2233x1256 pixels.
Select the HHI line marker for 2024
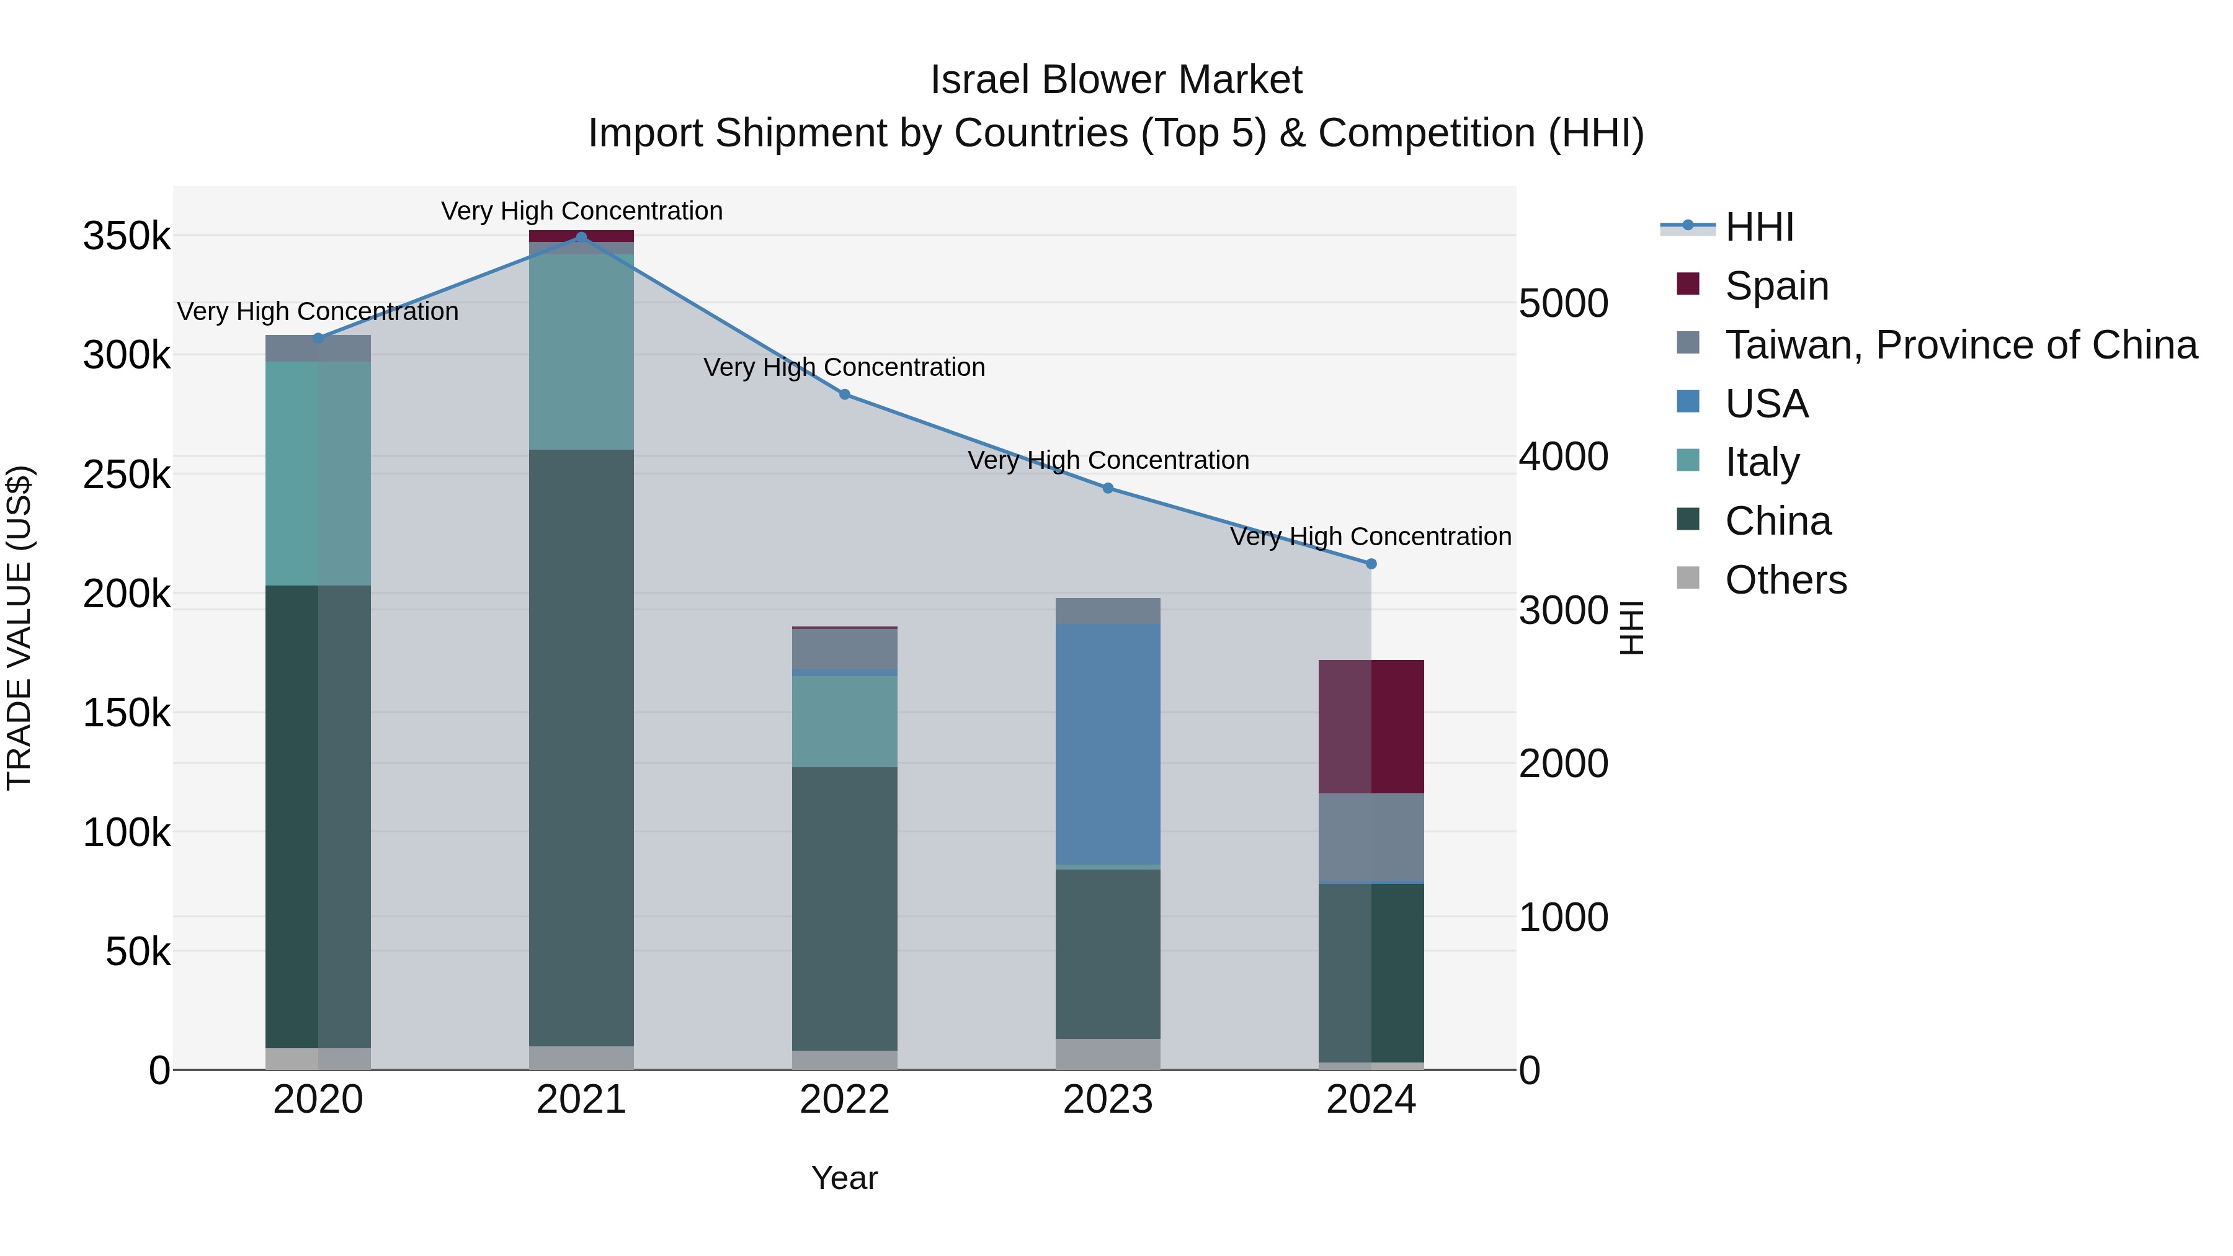1370,563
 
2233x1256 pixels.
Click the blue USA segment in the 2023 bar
1108,744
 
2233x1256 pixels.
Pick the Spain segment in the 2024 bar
1370,726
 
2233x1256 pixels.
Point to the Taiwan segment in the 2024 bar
1370,837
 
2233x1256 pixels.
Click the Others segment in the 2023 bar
1108,1054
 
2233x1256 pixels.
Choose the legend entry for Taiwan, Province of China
1961,345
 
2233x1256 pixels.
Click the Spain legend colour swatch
1688,284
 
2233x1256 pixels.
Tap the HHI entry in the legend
1759,227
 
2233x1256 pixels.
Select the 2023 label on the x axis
1108,1100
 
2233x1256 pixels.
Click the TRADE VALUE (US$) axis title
19,628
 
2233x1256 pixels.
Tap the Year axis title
844,1178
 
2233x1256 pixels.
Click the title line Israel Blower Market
1116,80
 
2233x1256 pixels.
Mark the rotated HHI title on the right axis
1631,628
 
